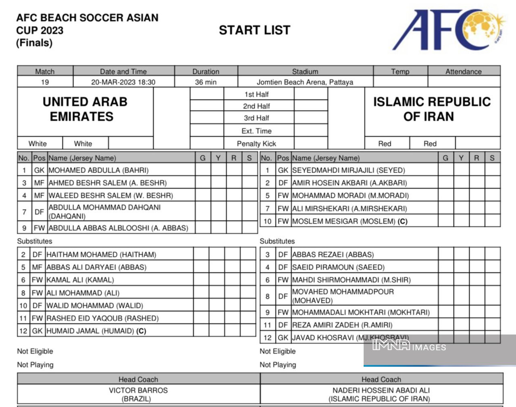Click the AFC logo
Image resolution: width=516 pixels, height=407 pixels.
click(447, 30)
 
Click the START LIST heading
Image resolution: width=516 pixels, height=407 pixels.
click(254, 30)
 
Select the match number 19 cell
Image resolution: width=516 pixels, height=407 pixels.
click(45, 82)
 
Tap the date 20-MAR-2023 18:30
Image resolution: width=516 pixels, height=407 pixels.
click(123, 82)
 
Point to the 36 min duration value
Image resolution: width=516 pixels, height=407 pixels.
click(206, 82)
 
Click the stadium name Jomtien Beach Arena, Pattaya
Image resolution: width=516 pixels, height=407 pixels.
click(305, 82)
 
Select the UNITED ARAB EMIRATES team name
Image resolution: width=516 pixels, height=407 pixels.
click(85, 109)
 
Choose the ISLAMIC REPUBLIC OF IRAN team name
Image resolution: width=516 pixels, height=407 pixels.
click(432, 109)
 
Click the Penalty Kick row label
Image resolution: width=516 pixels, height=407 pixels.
click(256, 143)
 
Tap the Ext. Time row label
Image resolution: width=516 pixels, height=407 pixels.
click(256, 131)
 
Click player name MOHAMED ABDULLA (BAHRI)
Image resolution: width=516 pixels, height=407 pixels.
click(98, 170)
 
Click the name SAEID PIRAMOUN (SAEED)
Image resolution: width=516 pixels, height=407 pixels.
click(338, 267)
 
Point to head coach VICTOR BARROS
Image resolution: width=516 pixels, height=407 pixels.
click(138, 390)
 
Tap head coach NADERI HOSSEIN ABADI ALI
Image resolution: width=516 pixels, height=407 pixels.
click(381, 390)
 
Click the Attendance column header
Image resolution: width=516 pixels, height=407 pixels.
click(463, 72)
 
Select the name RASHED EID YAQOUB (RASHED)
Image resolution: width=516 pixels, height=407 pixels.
click(102, 318)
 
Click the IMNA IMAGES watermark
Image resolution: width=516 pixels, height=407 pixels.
click(409, 346)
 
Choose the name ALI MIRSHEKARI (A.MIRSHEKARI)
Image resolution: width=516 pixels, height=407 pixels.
click(349, 208)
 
